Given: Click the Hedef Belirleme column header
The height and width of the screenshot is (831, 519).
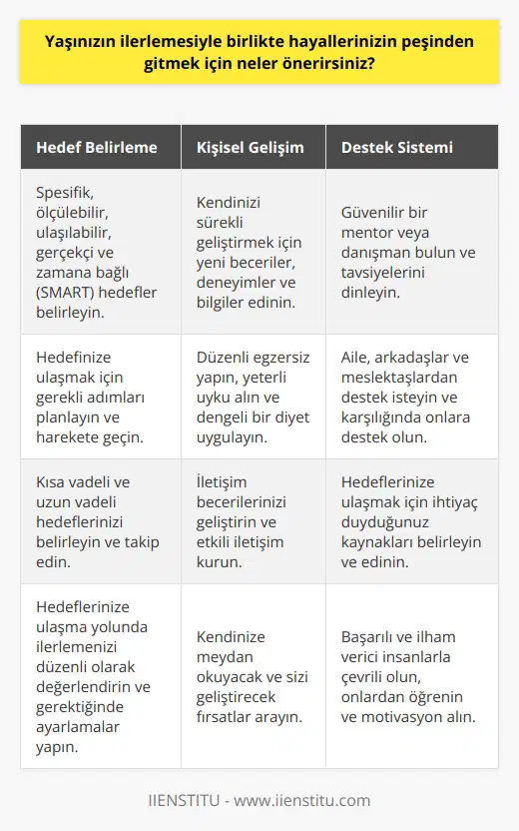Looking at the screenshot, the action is [x=96, y=147].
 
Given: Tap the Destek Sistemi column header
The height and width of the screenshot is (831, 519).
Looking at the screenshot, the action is [x=397, y=147].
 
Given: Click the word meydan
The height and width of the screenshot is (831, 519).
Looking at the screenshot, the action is [x=226, y=658].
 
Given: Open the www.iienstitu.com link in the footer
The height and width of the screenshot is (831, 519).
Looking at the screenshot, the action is [x=299, y=800].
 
